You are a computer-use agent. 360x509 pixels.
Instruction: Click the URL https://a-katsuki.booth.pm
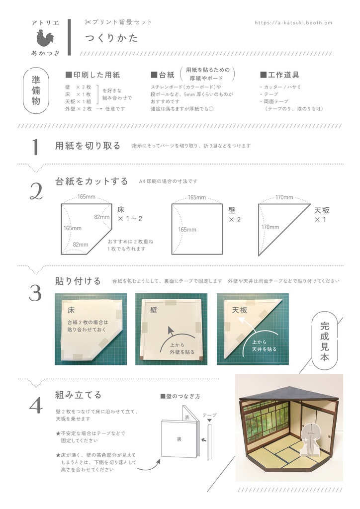293,23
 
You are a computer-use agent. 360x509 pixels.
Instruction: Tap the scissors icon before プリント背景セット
88,22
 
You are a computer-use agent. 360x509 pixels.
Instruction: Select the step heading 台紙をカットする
91,181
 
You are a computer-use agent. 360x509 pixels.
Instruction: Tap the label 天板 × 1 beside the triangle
322,215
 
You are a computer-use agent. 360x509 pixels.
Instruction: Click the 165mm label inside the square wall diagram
187,230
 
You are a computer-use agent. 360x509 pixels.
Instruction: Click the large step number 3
35,293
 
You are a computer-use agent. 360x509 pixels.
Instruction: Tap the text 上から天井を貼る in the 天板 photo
264,346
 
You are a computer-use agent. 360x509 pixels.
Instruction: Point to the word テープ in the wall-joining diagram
209,415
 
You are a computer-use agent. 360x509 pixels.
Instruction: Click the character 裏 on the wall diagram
179,439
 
